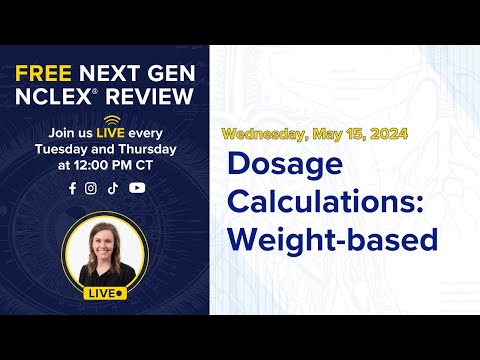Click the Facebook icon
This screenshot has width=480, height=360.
pyautogui.click(x=72, y=187)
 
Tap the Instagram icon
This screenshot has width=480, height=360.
pyautogui.click(x=91, y=187)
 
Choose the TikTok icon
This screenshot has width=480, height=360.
pyautogui.click(x=112, y=187)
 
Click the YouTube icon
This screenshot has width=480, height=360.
pyautogui.click(x=137, y=187)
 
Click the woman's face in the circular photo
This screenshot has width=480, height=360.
pyautogui.click(x=103, y=242)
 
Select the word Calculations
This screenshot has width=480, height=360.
pyautogui.click(x=324, y=200)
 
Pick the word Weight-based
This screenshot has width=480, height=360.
pyautogui.click(x=333, y=239)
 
